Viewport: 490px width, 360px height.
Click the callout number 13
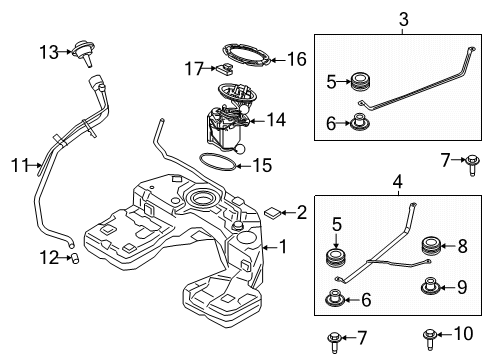tap(49, 52)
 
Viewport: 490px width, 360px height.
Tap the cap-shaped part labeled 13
tap(84, 53)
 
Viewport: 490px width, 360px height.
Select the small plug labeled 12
tap(75, 258)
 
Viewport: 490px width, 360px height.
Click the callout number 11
tap(20, 165)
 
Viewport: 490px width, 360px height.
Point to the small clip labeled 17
tap(225, 69)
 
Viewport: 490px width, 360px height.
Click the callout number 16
tap(297, 60)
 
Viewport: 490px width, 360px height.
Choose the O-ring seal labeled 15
tap(218, 162)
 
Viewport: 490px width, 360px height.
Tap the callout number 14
tap(276, 120)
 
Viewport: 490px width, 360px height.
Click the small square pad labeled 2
tap(272, 212)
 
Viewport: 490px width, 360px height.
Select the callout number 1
tap(283, 247)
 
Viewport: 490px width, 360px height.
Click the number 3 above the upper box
tap(403, 19)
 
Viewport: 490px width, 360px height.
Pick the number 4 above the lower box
tap(398, 182)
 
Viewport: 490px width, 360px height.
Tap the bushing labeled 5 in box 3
tap(361, 81)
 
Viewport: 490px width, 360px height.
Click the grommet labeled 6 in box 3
tap(360, 122)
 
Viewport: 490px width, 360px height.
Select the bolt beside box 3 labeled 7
tap(472, 165)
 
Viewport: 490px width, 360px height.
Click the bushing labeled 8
tap(432, 246)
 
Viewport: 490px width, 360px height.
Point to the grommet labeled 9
tap(431, 286)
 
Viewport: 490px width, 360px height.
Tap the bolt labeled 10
tap(430, 339)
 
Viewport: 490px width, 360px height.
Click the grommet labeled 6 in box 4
tap(335, 299)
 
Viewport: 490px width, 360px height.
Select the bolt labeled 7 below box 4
tap(335, 342)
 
